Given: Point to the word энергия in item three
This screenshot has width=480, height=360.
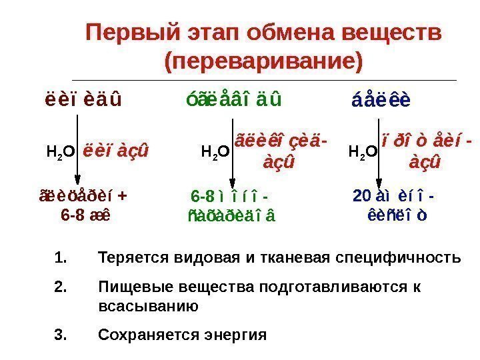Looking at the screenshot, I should click(x=237, y=334).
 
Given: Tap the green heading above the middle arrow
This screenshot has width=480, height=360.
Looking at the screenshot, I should click(x=232, y=101).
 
